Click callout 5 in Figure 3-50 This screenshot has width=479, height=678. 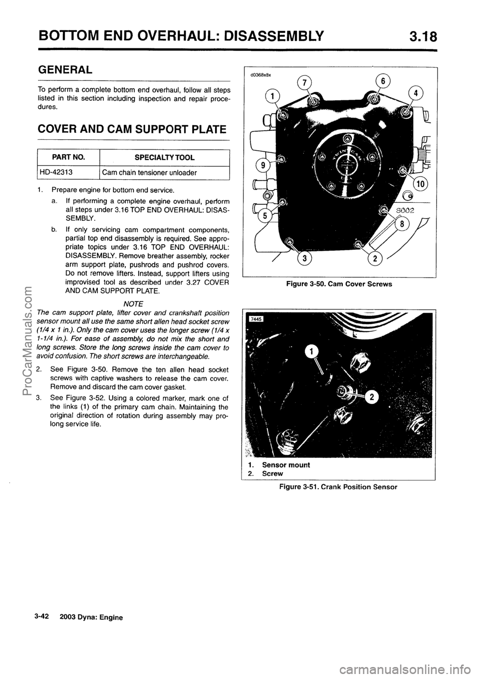click(x=261, y=217)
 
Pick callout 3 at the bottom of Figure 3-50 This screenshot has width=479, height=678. click(x=303, y=259)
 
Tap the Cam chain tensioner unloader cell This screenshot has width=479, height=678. click(x=149, y=173)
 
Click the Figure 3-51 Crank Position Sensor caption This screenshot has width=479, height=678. click(x=338, y=486)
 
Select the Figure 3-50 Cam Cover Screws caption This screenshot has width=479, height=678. click(x=339, y=284)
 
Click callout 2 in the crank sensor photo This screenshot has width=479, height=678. click(x=371, y=397)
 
